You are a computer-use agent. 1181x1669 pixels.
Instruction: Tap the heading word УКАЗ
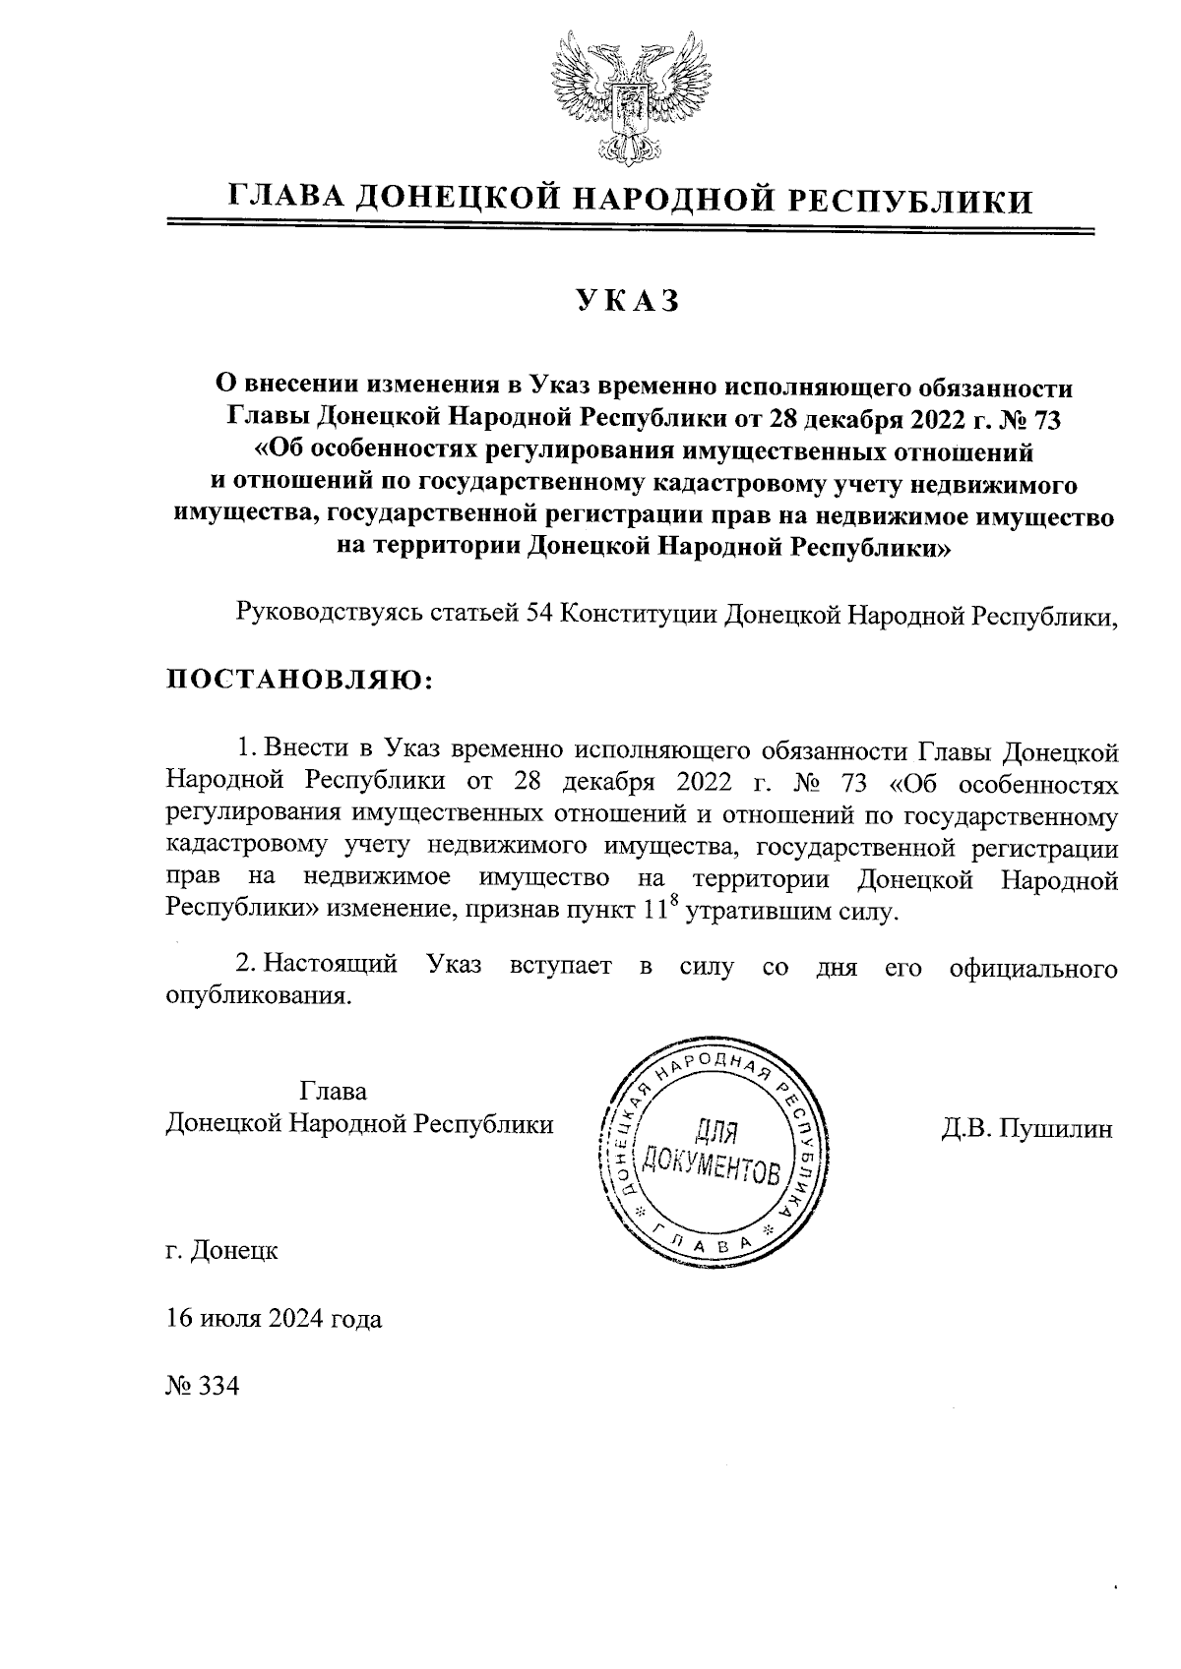(x=627, y=301)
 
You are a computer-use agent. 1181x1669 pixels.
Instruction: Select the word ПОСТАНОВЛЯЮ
(x=298, y=680)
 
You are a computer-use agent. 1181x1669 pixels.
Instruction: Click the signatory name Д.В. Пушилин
(x=1026, y=1128)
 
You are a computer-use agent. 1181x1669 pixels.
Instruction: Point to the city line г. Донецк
(x=223, y=1251)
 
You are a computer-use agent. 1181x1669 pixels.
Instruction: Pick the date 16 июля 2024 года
(x=274, y=1319)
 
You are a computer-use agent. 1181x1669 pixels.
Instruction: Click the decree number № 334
(x=203, y=1387)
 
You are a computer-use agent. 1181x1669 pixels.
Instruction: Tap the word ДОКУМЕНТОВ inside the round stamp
(x=712, y=1165)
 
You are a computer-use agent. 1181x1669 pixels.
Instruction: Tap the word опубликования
(x=257, y=995)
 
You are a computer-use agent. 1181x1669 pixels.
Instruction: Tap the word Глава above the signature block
(x=333, y=1093)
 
